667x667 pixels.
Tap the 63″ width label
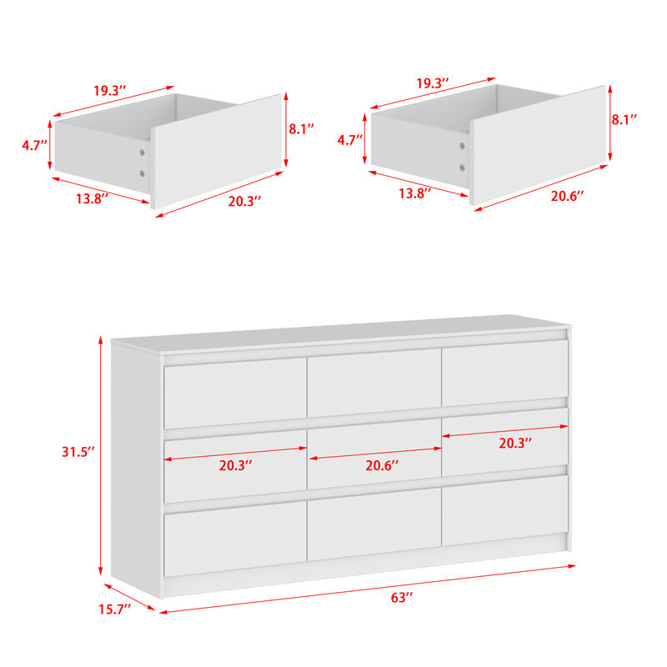[x=402, y=598]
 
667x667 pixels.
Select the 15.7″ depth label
[x=114, y=610]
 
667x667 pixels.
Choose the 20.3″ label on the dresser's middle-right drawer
[x=516, y=444]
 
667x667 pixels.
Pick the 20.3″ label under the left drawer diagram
[x=243, y=201]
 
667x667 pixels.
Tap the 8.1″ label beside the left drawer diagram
[x=301, y=129]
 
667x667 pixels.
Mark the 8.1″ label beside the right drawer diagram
[x=624, y=120]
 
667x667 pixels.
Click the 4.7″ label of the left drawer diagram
[x=35, y=145]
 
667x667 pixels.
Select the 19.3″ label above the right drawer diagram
[x=433, y=83]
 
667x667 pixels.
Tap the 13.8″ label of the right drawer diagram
[x=414, y=193]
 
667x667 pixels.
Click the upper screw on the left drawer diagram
[x=142, y=154]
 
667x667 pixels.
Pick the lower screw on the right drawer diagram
[x=462, y=167]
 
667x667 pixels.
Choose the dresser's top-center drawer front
[x=374, y=382]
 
